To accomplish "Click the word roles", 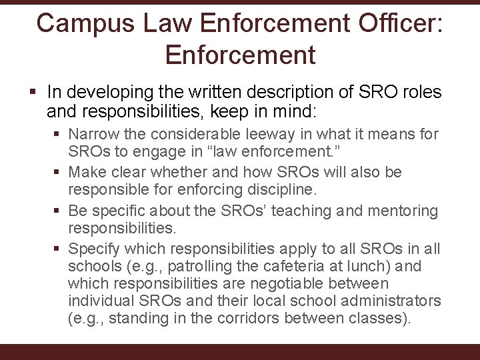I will tap(419, 93).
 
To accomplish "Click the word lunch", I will tap(378, 266).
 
